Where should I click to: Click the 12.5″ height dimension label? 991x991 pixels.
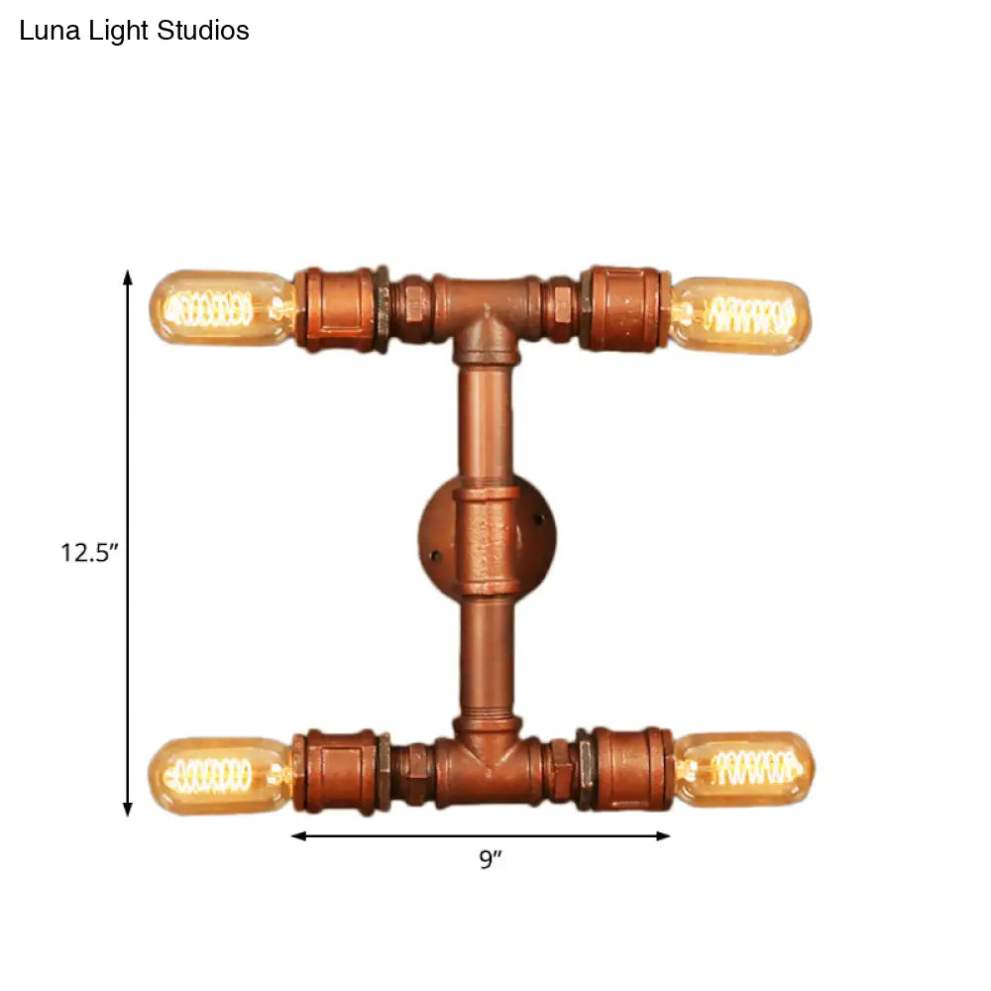coord(89,552)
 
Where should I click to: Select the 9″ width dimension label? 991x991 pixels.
coord(490,859)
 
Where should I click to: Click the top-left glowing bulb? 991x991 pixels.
coord(222,308)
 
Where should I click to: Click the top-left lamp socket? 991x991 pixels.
coord(341,309)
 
